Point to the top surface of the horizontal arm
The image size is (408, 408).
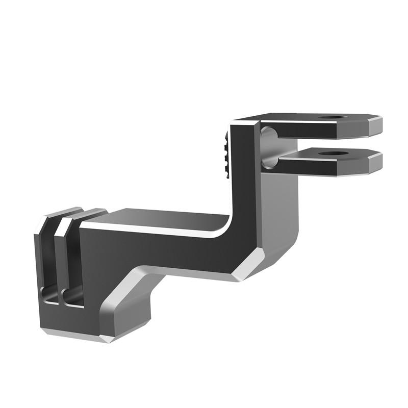pos(163,217)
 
